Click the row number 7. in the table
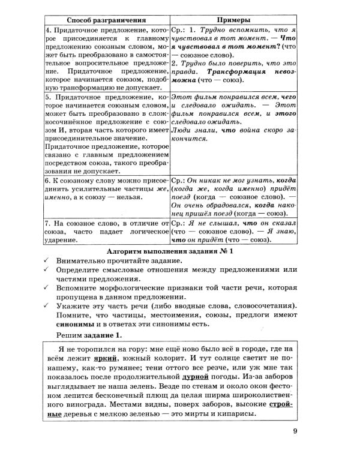pos(49,221)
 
